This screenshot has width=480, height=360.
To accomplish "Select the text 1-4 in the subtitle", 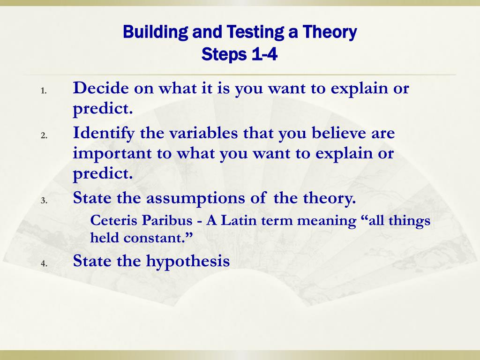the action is click(x=265, y=54).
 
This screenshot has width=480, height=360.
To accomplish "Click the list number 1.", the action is click(x=44, y=90).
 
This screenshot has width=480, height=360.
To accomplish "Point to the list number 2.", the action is click(x=44, y=135).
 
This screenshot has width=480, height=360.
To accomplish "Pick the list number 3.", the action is click(x=44, y=201).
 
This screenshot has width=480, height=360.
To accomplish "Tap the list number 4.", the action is click(x=44, y=263).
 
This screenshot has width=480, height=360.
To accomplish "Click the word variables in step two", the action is click(x=203, y=133).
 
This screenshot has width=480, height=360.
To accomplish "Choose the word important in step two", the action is click(x=112, y=154).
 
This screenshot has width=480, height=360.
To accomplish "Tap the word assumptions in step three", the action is click(x=195, y=199).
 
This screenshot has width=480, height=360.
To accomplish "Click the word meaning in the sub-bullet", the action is click(x=327, y=221).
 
